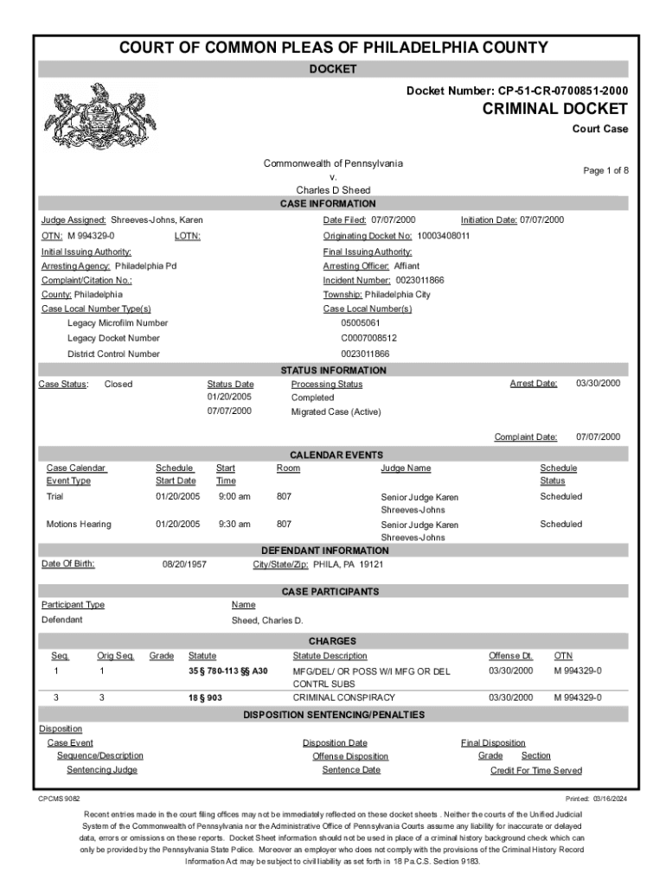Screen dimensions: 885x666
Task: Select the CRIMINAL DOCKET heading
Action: coord(554,109)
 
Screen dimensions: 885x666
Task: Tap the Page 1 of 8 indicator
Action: coord(605,170)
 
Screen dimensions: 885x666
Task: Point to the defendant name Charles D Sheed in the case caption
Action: coord(333,190)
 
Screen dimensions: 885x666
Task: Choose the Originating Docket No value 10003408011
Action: coord(443,235)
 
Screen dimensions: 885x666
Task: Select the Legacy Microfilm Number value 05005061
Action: coord(361,323)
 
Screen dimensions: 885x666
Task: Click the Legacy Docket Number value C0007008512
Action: coord(368,338)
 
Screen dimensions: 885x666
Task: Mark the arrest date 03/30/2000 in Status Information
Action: coord(598,384)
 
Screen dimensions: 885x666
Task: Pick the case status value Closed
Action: coord(118,384)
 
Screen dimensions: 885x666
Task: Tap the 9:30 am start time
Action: coord(234,524)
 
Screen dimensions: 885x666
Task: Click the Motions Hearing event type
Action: coord(79,524)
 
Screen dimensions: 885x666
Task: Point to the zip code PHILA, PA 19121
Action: coord(348,564)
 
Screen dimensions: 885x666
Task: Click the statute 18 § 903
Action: coord(205,697)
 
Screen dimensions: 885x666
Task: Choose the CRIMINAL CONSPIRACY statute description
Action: coord(343,697)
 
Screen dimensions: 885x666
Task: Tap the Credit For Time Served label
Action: coord(535,770)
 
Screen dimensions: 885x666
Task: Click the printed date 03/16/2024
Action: coord(608,799)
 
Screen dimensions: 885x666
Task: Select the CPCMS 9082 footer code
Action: coord(59,799)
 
